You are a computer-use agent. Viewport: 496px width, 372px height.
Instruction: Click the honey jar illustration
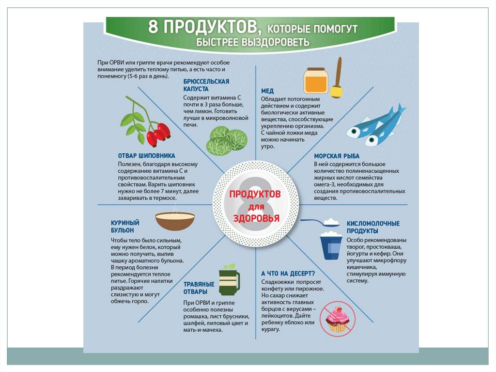pos(316,81)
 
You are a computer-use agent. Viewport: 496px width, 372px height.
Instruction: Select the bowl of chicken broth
pos(175,221)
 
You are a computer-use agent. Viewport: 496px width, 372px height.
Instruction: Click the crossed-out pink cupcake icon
pos(338,318)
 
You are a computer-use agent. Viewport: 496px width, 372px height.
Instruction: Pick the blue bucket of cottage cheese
pos(331,245)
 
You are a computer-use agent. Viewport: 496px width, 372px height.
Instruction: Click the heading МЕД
pos(267,91)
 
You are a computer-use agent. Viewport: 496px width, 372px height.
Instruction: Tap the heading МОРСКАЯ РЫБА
pos(337,156)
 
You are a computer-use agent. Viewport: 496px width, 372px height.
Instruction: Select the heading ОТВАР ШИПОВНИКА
pos(146,156)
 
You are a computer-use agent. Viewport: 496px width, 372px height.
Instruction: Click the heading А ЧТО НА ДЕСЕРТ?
pos(288,274)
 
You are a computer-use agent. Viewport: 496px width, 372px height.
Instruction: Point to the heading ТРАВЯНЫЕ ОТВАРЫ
pos(199,288)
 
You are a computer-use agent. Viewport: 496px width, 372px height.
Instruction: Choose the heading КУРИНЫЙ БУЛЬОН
pos(125,226)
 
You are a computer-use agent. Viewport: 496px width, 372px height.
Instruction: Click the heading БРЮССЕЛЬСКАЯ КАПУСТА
pos(206,85)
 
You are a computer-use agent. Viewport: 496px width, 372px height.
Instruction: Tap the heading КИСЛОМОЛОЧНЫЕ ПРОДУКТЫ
pos(373,227)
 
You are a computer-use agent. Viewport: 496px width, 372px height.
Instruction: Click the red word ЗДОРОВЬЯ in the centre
pos(256,218)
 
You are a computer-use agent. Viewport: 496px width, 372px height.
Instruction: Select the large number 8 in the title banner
pos(153,26)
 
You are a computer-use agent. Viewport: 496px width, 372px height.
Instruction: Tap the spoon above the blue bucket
pos(320,222)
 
